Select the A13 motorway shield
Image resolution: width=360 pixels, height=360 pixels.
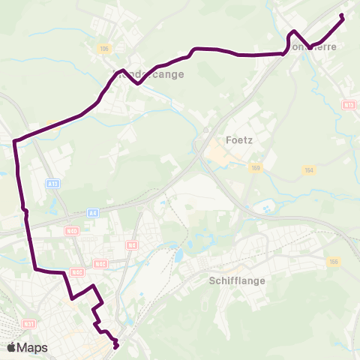click(x=52, y=184)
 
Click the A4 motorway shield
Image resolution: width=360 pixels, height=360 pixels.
click(x=92, y=213)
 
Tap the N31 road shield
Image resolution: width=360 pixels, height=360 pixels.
click(x=28, y=324)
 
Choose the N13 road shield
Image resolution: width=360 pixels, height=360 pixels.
click(x=348, y=105)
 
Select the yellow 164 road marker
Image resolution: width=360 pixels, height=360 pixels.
click(x=308, y=172)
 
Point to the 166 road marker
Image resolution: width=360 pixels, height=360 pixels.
click(x=334, y=261)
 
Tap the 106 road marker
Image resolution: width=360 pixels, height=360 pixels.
click(x=103, y=49)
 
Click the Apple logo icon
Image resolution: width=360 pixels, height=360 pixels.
click(x=12, y=347)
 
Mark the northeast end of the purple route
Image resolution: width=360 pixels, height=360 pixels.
click(x=342, y=15)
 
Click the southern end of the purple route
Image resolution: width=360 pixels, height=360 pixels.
click(x=116, y=346)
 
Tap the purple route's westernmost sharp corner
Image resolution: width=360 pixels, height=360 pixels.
click(x=15, y=139)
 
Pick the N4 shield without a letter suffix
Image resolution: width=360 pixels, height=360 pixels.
click(x=133, y=244)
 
